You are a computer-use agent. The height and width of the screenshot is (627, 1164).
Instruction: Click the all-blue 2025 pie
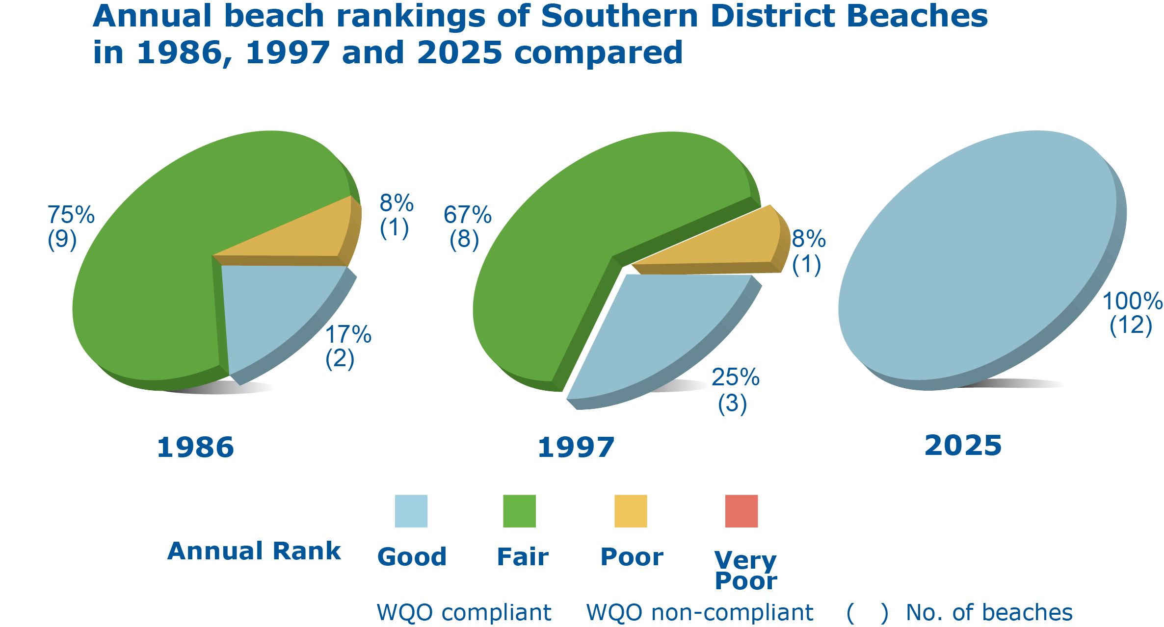pyautogui.click(x=981, y=255)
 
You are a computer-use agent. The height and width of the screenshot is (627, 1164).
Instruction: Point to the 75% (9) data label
pyautogui.click(x=70, y=227)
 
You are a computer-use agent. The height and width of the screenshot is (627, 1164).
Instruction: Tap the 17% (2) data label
pyautogui.click(x=347, y=346)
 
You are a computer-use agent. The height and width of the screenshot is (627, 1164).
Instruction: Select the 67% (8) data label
pyautogui.click(x=467, y=227)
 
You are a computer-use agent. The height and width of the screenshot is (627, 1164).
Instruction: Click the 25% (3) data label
pyautogui.click(x=735, y=390)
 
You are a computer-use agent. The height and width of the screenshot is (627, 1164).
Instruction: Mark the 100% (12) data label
pyautogui.click(x=1132, y=313)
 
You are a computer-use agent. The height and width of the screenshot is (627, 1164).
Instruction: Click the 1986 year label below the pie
pyautogui.click(x=195, y=448)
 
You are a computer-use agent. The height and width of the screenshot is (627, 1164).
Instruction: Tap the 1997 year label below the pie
pyautogui.click(x=576, y=448)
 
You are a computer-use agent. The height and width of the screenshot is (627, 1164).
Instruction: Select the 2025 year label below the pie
pyautogui.click(x=963, y=446)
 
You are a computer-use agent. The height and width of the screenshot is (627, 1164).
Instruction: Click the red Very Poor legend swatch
pyautogui.click(x=741, y=511)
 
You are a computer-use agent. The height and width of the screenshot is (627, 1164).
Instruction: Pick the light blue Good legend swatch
pyautogui.click(x=411, y=511)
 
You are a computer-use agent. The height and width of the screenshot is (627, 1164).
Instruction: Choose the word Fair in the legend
pyautogui.click(x=523, y=557)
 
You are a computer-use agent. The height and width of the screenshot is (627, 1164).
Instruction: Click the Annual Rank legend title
pyautogui.click(x=254, y=551)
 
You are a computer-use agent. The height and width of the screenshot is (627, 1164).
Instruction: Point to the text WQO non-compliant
pyautogui.click(x=700, y=612)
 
